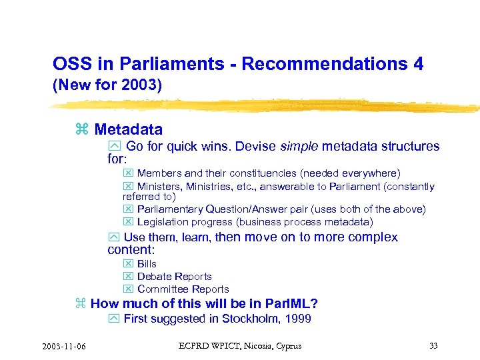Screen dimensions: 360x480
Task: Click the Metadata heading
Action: pyautogui.click(x=128, y=129)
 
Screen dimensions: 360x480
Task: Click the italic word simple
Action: pyautogui.click(x=299, y=146)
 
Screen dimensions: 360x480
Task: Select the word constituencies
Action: pyautogui.click(x=263, y=173)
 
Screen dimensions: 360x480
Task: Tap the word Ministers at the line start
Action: pyautogui.click(x=159, y=187)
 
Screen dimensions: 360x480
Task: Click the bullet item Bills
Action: pyautogui.click(x=147, y=264)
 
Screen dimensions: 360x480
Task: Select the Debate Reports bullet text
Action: pyautogui.click(x=174, y=277)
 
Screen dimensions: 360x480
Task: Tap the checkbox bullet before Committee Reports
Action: pyautogui.click(x=129, y=289)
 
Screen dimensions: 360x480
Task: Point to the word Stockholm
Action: pyautogui.click(x=248, y=319)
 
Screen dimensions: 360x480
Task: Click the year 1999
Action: pyautogui.click(x=297, y=319)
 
